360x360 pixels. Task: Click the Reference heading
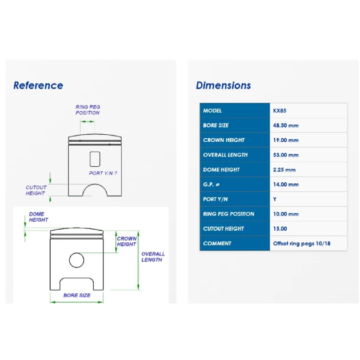click(38, 85)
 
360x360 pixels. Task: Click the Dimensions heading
click(223, 85)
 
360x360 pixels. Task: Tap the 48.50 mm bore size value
click(286, 125)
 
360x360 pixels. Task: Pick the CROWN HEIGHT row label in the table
click(223, 140)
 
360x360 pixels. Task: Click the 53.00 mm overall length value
click(286, 155)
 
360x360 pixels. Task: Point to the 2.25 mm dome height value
click(284, 170)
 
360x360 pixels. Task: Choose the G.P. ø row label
click(211, 185)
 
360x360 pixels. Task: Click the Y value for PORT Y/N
click(275, 199)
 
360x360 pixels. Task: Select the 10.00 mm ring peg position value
click(286, 214)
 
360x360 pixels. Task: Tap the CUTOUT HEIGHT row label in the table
click(223, 229)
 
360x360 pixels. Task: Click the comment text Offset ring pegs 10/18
click(302, 243)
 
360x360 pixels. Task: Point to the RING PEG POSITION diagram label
click(87, 110)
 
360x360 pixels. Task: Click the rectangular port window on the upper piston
click(95, 159)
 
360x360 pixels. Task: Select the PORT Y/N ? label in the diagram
click(103, 173)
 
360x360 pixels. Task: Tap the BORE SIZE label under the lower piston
click(77, 295)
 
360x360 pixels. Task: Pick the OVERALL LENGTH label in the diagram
click(153, 257)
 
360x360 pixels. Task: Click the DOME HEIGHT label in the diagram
click(38, 217)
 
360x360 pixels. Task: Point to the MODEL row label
click(212, 111)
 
